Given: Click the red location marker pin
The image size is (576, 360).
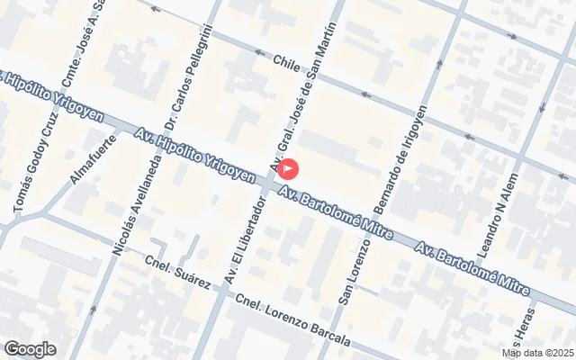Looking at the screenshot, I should point(289,168).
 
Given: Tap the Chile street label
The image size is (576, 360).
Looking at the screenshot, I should point(285,65).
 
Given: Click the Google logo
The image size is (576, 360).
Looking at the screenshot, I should point(30,349).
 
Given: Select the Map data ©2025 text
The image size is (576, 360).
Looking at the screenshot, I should point(537,352).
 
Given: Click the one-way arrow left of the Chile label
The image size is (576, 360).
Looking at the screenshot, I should point(259,53).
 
